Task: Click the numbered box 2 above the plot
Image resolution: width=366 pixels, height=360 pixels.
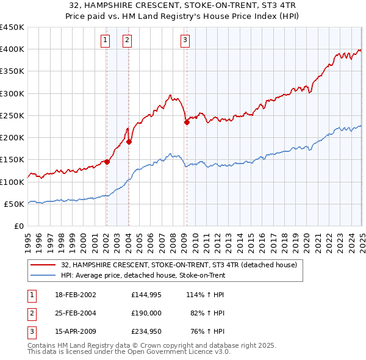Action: (127, 41)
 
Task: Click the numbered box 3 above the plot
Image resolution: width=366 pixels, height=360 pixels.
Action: (184, 41)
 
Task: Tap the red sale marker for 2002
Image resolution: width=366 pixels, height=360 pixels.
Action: (107, 162)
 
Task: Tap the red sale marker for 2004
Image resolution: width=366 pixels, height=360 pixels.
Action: (129, 142)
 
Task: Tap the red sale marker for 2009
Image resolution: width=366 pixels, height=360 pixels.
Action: (187, 122)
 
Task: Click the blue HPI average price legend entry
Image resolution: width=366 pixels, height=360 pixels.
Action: (143, 275)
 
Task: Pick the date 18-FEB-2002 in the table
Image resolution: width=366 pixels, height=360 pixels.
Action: (76, 294)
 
